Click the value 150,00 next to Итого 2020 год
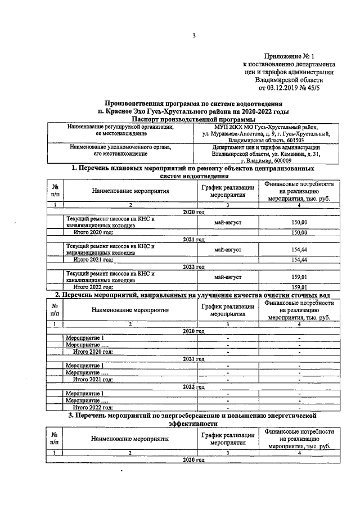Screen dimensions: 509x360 [x=300, y=232]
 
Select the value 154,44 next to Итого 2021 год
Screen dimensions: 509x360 [x=300, y=259]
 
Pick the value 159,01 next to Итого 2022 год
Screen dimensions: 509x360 [x=300, y=287]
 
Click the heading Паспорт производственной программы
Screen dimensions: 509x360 [x=193, y=119]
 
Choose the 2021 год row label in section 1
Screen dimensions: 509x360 [x=193, y=240]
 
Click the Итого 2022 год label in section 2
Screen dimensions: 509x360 [x=93, y=407]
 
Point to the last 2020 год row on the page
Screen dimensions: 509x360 [x=193, y=460]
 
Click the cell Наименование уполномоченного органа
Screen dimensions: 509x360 [x=120, y=147]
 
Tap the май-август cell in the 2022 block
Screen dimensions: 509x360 [x=228, y=277]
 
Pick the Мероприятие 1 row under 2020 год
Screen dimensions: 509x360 [x=84, y=337]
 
